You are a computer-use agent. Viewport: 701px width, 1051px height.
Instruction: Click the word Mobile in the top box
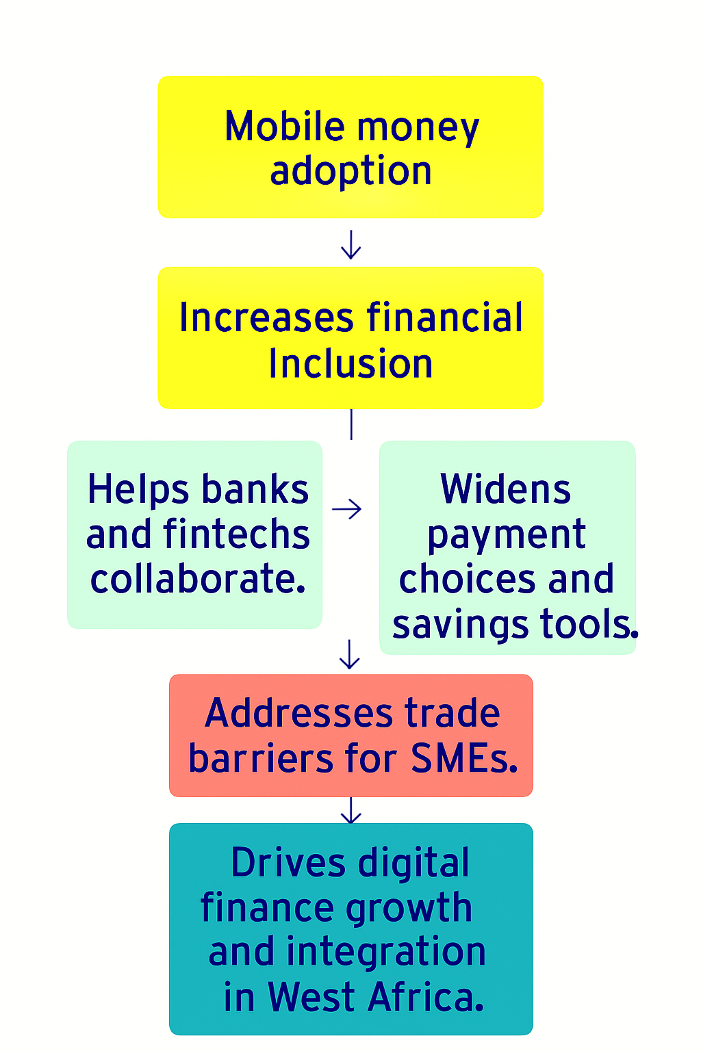284,127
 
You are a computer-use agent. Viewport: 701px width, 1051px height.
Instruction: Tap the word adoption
350,171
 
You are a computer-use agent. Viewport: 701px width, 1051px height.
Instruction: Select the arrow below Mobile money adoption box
350,244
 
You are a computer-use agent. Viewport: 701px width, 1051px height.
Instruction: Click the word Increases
266,318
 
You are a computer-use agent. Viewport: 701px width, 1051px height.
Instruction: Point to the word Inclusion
350,363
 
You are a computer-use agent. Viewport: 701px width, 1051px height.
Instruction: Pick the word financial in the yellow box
445,318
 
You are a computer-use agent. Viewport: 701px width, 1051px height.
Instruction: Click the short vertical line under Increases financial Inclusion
350,424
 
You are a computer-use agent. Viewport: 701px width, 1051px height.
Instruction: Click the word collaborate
197,580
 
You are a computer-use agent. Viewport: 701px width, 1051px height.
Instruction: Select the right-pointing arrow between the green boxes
347,509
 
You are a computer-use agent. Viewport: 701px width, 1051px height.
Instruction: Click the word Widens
506,490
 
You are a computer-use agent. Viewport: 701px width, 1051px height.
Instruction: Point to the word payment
507,536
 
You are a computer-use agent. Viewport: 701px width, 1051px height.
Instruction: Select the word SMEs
463,758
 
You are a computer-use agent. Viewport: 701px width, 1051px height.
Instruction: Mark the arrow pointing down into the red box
350,655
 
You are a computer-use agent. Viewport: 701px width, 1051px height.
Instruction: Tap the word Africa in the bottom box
425,998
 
